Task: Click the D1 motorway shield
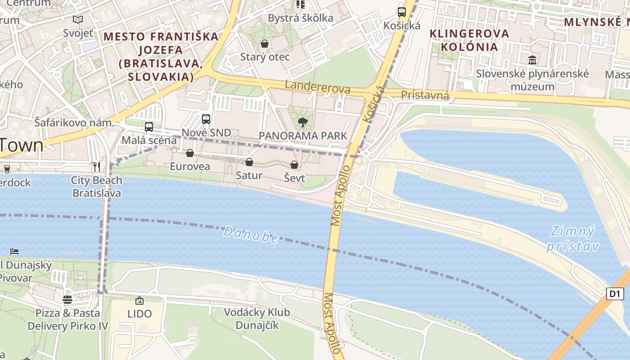pyautogui.click(x=615, y=294)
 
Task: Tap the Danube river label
pyautogui.click(x=251, y=234)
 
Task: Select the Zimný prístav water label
pyautogui.click(x=572, y=239)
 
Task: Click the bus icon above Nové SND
pyautogui.click(x=206, y=119)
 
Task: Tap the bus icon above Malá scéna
pyautogui.click(x=149, y=127)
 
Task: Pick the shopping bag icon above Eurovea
pyautogui.click(x=190, y=153)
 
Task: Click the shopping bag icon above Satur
pyautogui.click(x=249, y=162)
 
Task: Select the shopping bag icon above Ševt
pyautogui.click(x=294, y=165)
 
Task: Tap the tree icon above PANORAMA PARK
pyautogui.click(x=303, y=122)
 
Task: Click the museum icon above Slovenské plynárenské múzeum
pyautogui.click(x=532, y=60)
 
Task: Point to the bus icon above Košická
pyautogui.click(x=402, y=12)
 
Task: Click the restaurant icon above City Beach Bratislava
pyautogui.click(x=97, y=167)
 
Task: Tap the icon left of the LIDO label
pyautogui.click(x=139, y=301)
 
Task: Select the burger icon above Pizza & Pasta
pyautogui.click(x=67, y=300)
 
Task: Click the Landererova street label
pyautogui.click(x=318, y=87)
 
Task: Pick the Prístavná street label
pyautogui.click(x=425, y=95)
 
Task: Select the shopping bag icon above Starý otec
pyautogui.click(x=265, y=44)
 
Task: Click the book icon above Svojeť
pyautogui.click(x=78, y=19)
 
